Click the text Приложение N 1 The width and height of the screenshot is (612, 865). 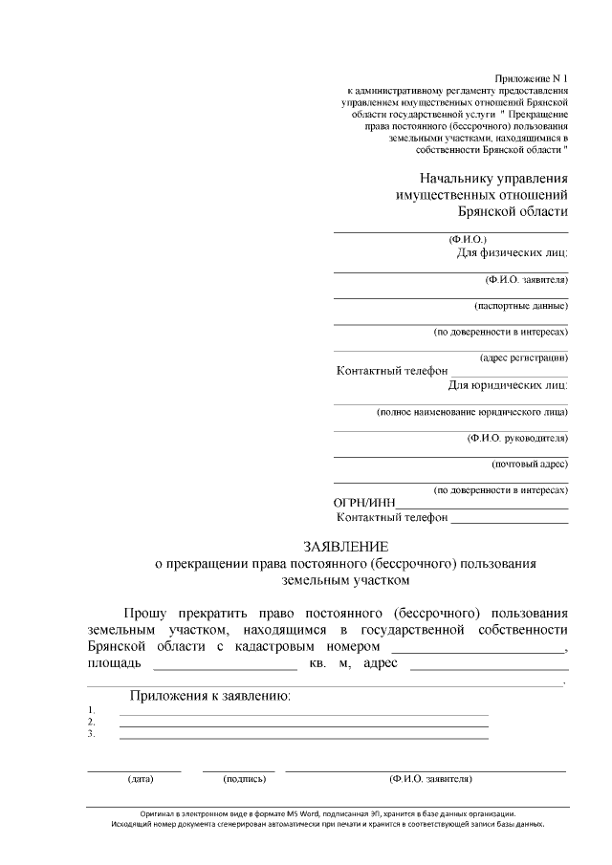pyautogui.click(x=532, y=76)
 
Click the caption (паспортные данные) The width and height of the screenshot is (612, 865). pyautogui.click(x=521, y=306)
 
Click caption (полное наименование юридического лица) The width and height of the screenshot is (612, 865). pyautogui.click(x=472, y=412)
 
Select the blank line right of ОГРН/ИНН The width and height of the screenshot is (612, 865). pyautogui.click(x=482, y=508)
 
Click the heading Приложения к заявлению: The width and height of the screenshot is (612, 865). pyautogui.click(x=210, y=695)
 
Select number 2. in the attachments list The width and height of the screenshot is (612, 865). pyautogui.click(x=91, y=722)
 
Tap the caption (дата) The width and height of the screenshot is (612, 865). pyautogui.click(x=141, y=779)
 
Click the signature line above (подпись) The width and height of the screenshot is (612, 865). pyautogui.click(x=238, y=769)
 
